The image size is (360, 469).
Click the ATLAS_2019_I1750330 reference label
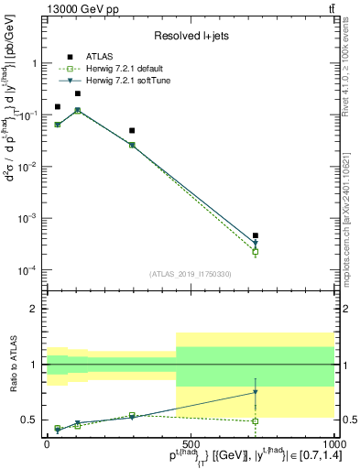[191, 273]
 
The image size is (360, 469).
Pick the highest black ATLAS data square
[77, 93]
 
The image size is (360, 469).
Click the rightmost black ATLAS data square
[256, 235]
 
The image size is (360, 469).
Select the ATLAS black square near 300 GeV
[132, 131]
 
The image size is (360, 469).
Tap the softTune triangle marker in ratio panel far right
[256, 392]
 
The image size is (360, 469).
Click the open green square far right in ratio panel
[256, 421]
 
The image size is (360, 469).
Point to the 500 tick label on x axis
[191, 442]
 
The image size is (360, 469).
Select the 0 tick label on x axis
[47, 442]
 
